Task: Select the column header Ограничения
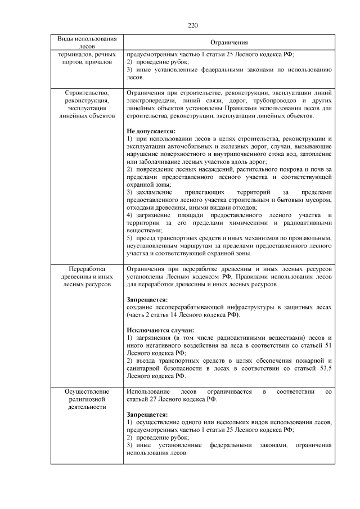(x=229, y=43)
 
